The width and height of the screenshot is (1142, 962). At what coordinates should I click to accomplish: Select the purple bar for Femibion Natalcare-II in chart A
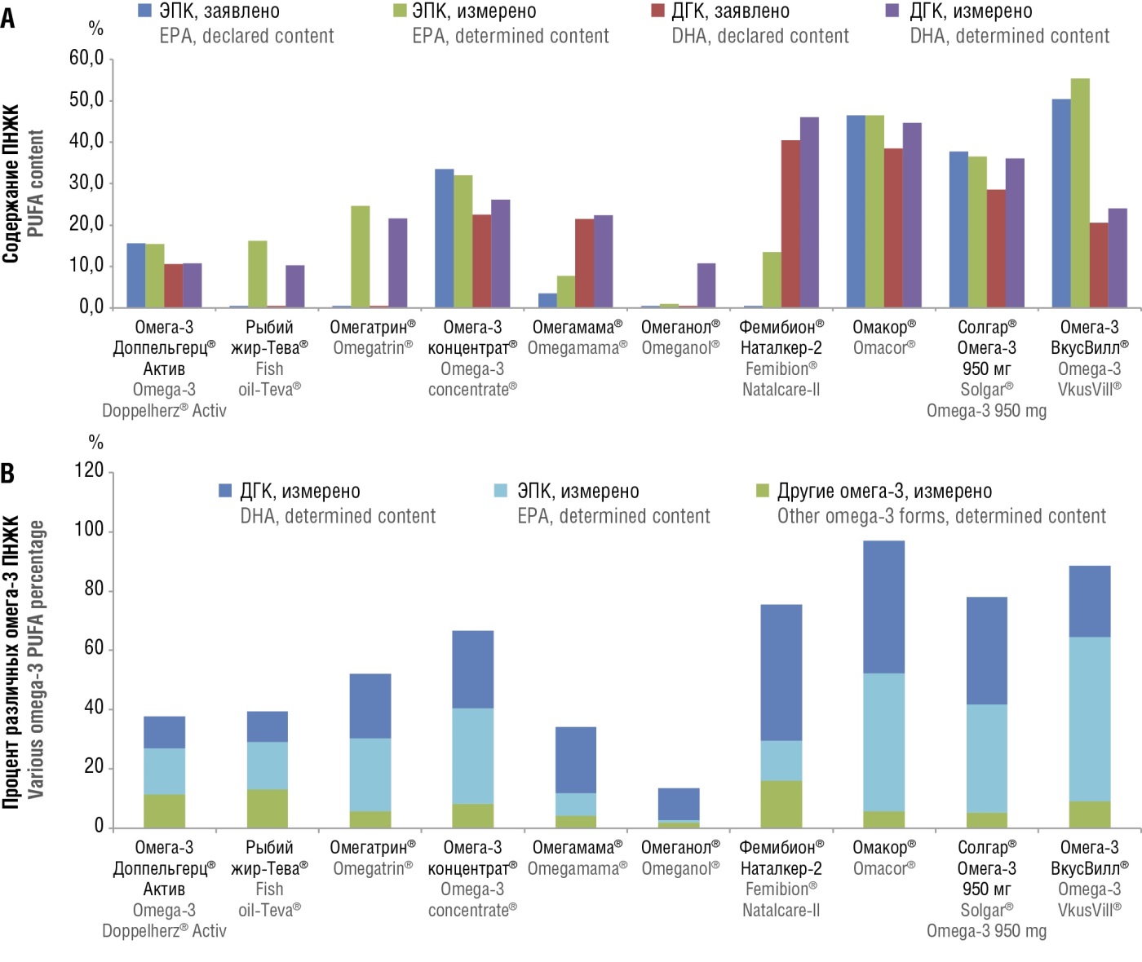tap(809, 212)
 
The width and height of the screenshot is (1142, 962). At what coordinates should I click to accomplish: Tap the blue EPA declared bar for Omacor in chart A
tap(856, 211)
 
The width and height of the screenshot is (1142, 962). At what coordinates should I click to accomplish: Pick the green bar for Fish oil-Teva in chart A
tap(257, 274)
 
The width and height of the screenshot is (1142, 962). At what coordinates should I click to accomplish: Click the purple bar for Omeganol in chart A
tap(706, 285)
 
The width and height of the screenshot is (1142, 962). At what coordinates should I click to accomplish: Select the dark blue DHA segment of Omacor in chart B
tap(884, 607)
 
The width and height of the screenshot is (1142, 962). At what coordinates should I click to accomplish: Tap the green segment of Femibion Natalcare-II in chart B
tap(781, 804)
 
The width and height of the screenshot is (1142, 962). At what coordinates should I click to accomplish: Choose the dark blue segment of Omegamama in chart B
tap(576, 760)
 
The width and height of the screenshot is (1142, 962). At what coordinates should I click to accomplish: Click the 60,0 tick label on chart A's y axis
tap(86, 58)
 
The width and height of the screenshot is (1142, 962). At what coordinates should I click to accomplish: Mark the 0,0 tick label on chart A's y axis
tap(91, 307)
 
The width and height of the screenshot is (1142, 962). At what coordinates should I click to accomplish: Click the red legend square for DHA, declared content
tap(658, 11)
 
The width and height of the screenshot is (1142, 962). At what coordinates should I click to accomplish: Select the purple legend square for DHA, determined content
tap(892, 11)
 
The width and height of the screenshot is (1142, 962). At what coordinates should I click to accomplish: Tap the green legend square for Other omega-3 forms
tap(763, 491)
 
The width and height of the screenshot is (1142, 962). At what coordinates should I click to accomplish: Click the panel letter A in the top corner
tap(8, 18)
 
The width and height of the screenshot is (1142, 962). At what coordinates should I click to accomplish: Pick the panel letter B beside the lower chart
tap(8, 473)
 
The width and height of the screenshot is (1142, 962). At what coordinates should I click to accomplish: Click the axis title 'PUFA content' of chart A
tap(35, 183)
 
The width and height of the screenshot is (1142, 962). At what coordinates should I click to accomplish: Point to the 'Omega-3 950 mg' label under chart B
tap(986, 931)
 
